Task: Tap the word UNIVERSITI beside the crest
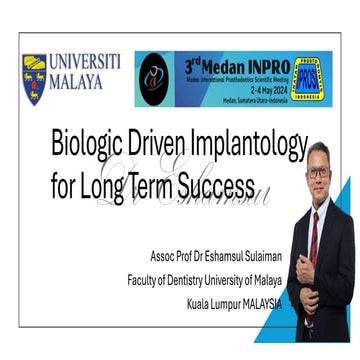(85, 63)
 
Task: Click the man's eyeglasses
(318, 171)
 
